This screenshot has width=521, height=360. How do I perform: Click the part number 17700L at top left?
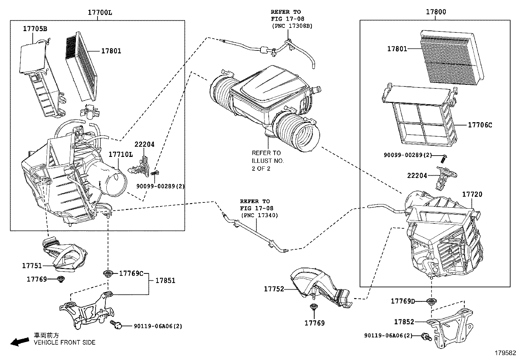(x=99, y=12)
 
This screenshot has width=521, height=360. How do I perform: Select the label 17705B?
(x=35, y=29)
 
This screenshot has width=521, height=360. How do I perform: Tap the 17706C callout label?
(x=480, y=125)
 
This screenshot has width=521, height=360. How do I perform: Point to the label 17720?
(x=472, y=194)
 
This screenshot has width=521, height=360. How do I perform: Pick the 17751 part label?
(x=32, y=266)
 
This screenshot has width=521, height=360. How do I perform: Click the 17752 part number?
(x=274, y=289)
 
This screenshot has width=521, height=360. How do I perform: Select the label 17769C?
(x=131, y=273)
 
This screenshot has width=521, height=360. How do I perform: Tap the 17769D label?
(x=403, y=301)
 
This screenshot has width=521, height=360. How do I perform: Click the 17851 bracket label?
(x=165, y=280)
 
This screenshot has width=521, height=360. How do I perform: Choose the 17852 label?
(x=404, y=322)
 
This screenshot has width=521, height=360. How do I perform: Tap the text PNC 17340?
(x=260, y=215)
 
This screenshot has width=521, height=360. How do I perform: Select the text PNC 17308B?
(x=292, y=26)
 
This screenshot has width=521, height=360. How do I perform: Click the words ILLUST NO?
(x=268, y=161)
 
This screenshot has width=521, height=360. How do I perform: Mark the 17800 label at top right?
(x=436, y=12)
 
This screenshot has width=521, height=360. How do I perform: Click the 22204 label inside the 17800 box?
(x=417, y=176)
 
